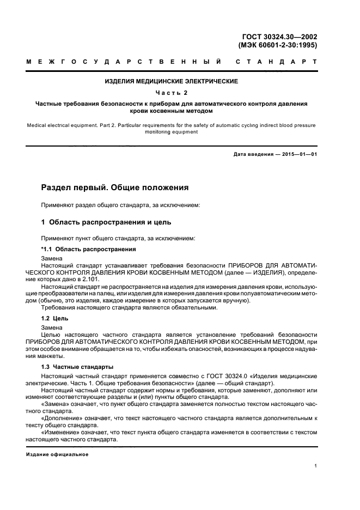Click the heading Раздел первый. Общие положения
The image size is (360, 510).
point(115,187)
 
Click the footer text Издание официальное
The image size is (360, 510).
point(57,454)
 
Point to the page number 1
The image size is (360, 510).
point(316,466)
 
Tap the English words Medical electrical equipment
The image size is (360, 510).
point(61,125)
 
